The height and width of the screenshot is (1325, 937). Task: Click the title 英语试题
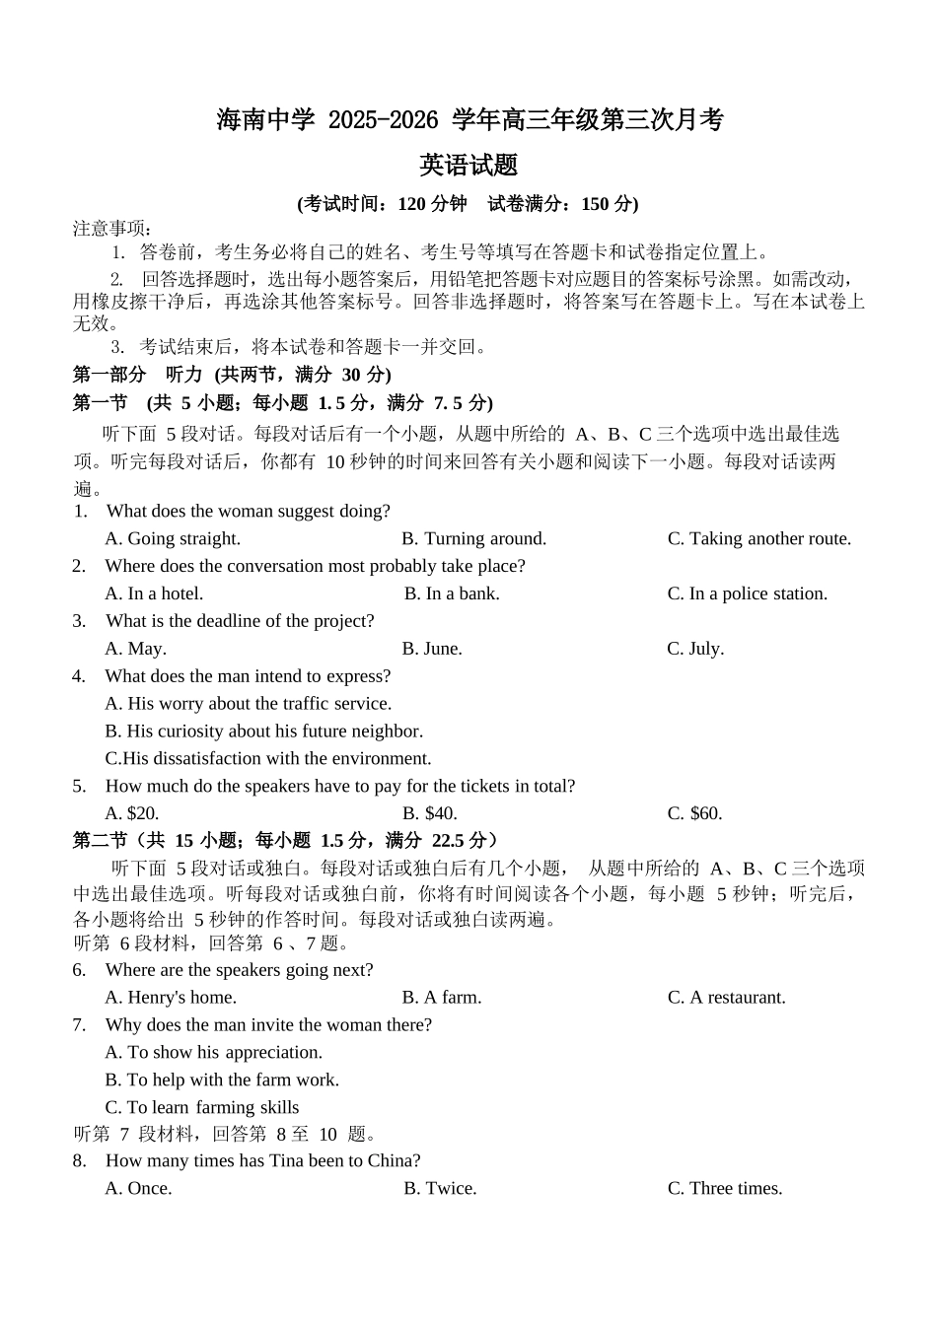click(468, 166)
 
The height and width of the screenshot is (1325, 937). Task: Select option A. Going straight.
click(173, 538)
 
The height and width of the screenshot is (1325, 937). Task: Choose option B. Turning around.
click(473, 538)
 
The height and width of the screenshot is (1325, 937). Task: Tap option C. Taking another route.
click(758, 538)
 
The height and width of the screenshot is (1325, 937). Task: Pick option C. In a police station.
click(747, 593)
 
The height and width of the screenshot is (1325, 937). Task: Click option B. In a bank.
click(452, 593)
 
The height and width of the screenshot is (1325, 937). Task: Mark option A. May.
click(135, 649)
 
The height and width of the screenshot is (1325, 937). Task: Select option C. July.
click(695, 649)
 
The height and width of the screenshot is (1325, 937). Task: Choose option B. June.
click(432, 649)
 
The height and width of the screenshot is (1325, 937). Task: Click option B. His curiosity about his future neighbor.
click(263, 732)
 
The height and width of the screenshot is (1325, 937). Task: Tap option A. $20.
click(132, 813)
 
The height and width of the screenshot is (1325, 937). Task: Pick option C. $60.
click(694, 813)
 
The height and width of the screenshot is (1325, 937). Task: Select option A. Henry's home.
click(171, 998)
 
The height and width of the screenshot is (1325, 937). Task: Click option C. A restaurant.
click(726, 998)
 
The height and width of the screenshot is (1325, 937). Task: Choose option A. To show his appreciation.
click(214, 1053)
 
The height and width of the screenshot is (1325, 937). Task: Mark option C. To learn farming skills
click(202, 1108)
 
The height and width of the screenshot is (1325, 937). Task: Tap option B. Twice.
click(440, 1189)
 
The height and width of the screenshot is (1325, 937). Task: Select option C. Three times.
click(725, 1189)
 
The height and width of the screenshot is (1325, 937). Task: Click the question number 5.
click(79, 787)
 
